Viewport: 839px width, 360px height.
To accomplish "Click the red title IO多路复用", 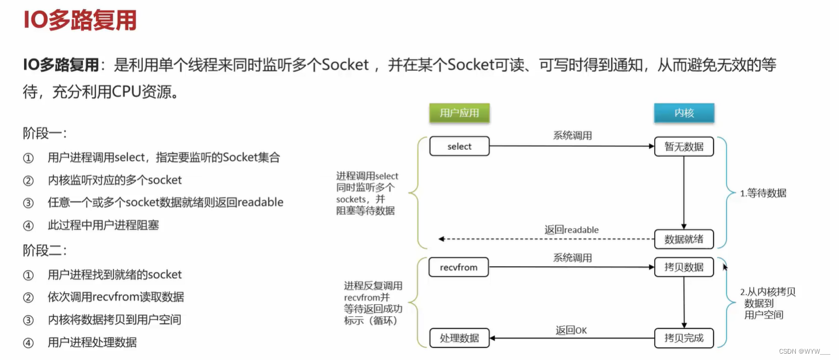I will pos(79,21).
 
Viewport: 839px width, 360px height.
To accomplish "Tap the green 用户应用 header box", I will pos(459,113).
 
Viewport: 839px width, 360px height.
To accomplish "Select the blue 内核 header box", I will pos(684,113).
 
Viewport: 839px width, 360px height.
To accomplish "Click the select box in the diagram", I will pos(459,146).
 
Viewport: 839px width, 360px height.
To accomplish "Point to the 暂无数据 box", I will pos(684,146).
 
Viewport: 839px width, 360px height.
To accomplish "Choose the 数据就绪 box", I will pos(684,238).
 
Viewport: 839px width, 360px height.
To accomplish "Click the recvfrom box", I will pos(459,267).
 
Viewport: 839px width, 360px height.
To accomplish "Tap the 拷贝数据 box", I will pos(684,267).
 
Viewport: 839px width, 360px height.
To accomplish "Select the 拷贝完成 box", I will pos(684,338).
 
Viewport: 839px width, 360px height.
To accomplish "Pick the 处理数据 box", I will pos(459,338).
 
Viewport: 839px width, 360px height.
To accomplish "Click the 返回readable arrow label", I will pos(571,230).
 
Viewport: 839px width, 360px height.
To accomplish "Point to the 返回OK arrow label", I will pos(571,330).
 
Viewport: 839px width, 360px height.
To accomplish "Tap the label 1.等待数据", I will pos(763,194).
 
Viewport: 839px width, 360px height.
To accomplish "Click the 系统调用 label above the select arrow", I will pos(572,136).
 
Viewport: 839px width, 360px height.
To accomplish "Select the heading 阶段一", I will pos(45,134).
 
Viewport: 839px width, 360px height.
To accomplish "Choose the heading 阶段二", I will pos(45,251).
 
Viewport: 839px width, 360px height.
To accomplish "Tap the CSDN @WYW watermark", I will pos(804,351).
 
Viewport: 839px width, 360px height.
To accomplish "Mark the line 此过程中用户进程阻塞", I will pos(103,225).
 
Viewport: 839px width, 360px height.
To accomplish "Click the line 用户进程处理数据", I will pos(92,342).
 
